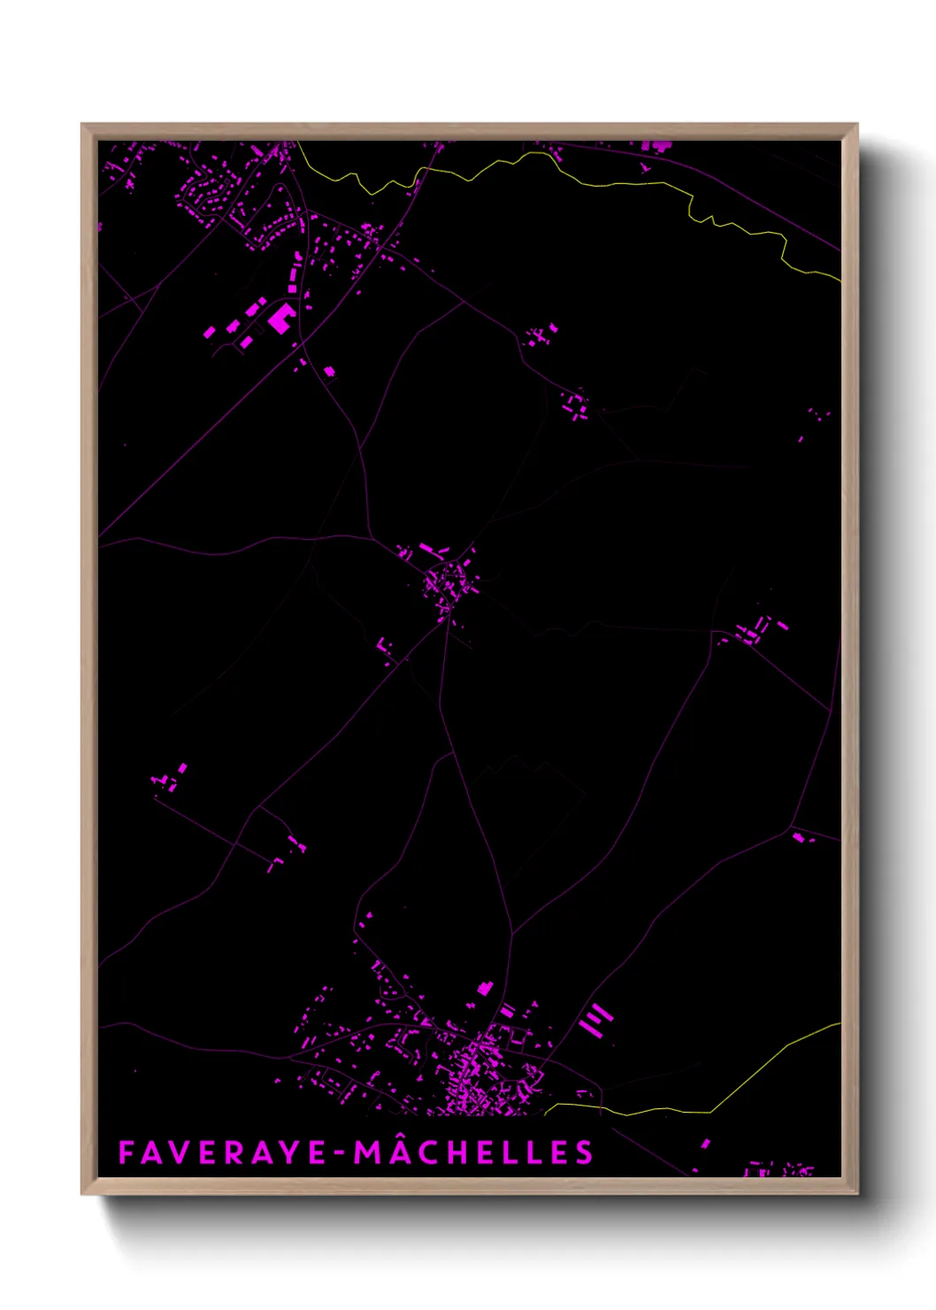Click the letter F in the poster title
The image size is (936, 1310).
pyautogui.click(x=127, y=1152)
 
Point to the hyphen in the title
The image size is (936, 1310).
pyautogui.click(x=341, y=1153)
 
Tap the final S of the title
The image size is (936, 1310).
pyautogui.click(x=584, y=1152)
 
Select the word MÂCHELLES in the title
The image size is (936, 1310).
pyautogui.click(x=474, y=1152)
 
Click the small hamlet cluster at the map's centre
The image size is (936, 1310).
pyautogui.click(x=448, y=582)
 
